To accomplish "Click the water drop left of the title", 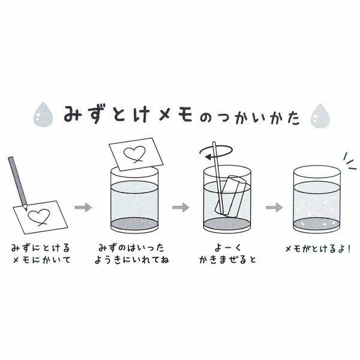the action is (x=43, y=115).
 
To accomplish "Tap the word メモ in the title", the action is (x=176, y=115).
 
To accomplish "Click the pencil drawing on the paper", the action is (x=17, y=183).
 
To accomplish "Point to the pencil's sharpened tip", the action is (x=26, y=209).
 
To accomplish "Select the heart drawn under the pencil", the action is (x=39, y=217).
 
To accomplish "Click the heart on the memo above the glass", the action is (x=134, y=154).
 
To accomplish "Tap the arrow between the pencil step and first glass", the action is (x=83, y=207).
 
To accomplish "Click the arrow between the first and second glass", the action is (x=181, y=207).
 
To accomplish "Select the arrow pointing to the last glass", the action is (x=274, y=207).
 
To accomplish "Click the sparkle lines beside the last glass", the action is (x=350, y=161).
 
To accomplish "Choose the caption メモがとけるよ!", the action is (x=318, y=248).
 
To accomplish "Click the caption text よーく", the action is (x=228, y=248).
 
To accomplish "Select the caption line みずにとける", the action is (x=40, y=248).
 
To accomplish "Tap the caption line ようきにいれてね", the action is (x=132, y=260).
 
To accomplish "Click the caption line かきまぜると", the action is (x=227, y=260).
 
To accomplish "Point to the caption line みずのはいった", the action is (x=131, y=248).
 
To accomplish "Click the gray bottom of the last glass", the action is (x=317, y=223).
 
